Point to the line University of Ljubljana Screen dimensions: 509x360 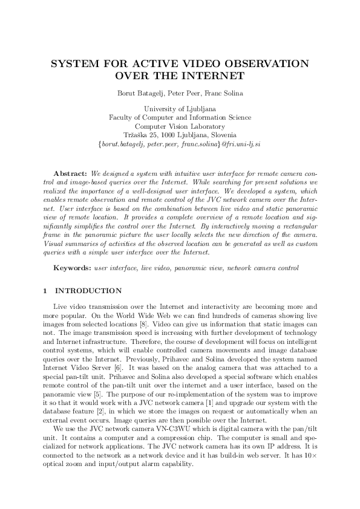[180, 109]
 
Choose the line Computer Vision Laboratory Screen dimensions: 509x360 [180, 126]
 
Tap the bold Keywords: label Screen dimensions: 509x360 [73, 267]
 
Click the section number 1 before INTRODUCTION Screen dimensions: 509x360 [46, 291]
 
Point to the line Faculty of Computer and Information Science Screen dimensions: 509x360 [180, 117]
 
